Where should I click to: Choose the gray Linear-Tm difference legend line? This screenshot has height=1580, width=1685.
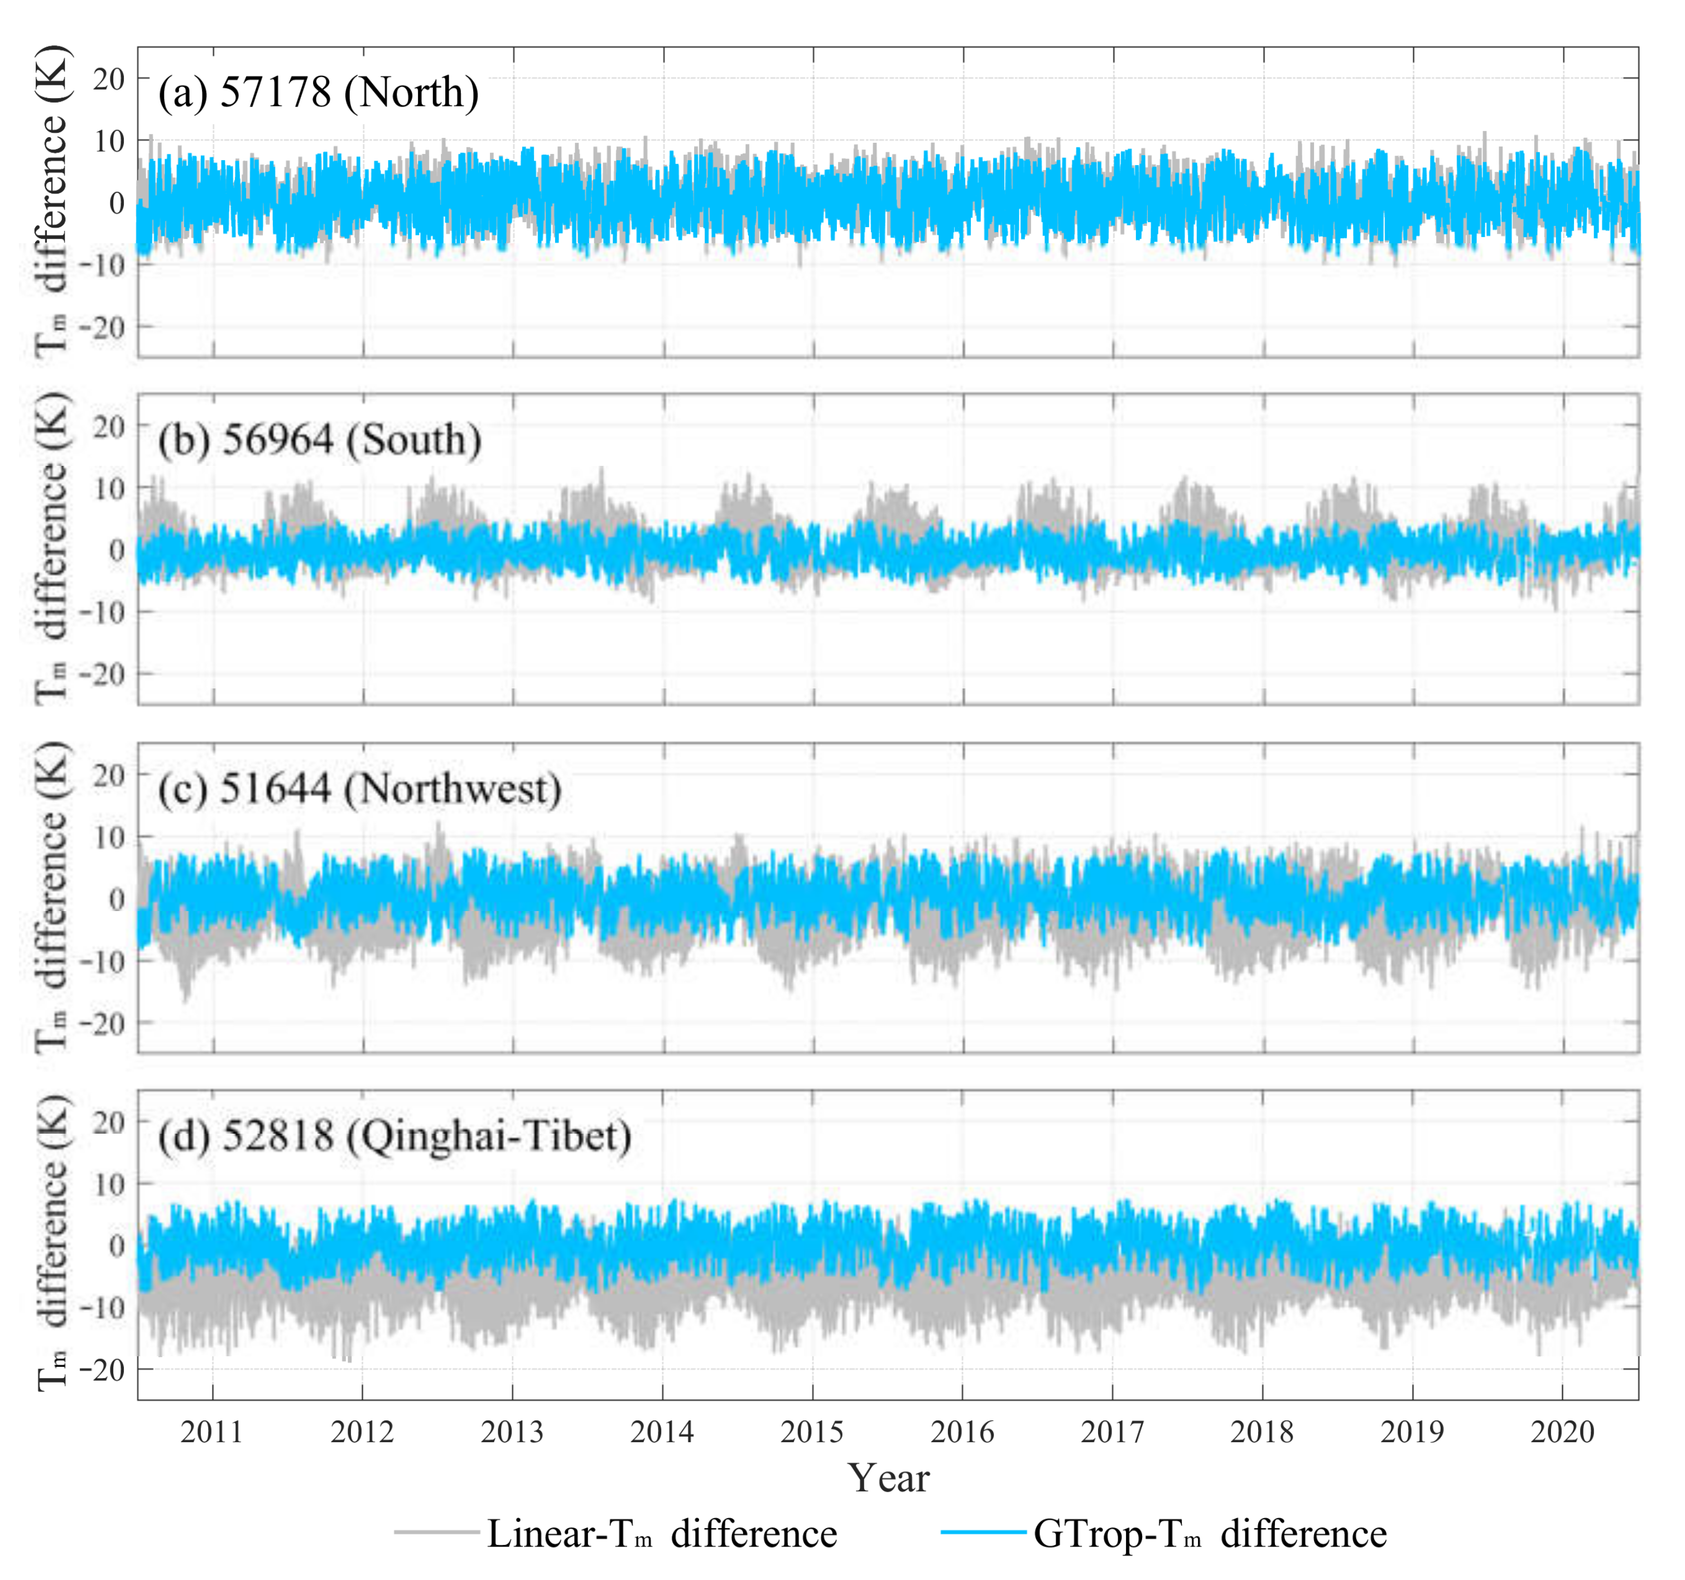click(x=436, y=1531)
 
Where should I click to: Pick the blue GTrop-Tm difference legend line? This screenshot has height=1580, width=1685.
click(x=983, y=1531)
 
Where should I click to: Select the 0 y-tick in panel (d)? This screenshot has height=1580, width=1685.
click(x=117, y=1245)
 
